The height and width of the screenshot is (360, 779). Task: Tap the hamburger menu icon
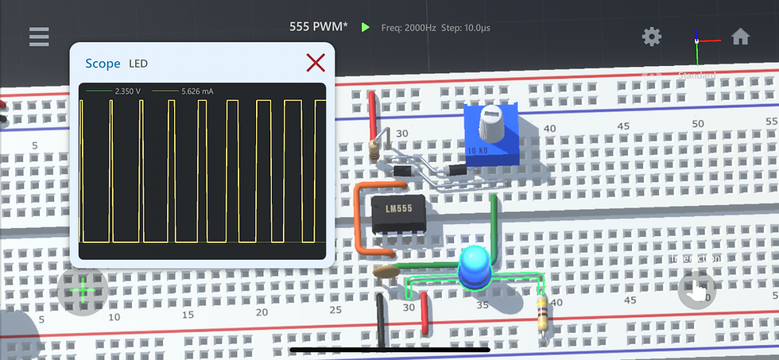(39, 37)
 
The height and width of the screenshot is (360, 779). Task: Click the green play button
(365, 27)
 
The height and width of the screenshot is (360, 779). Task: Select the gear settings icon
(652, 37)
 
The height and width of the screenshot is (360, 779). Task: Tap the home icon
(741, 37)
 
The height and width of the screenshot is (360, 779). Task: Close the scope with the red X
(316, 63)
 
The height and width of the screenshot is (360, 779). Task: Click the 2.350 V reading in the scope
(127, 91)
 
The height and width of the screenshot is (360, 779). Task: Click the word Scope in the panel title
(103, 64)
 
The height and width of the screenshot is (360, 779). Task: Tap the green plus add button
(83, 290)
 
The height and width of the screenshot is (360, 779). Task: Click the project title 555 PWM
(318, 27)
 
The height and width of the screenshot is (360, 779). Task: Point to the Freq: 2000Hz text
(409, 27)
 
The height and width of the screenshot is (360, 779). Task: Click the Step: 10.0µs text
(466, 27)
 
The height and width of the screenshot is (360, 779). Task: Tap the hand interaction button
(697, 291)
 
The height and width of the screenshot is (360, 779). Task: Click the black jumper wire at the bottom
(382, 322)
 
